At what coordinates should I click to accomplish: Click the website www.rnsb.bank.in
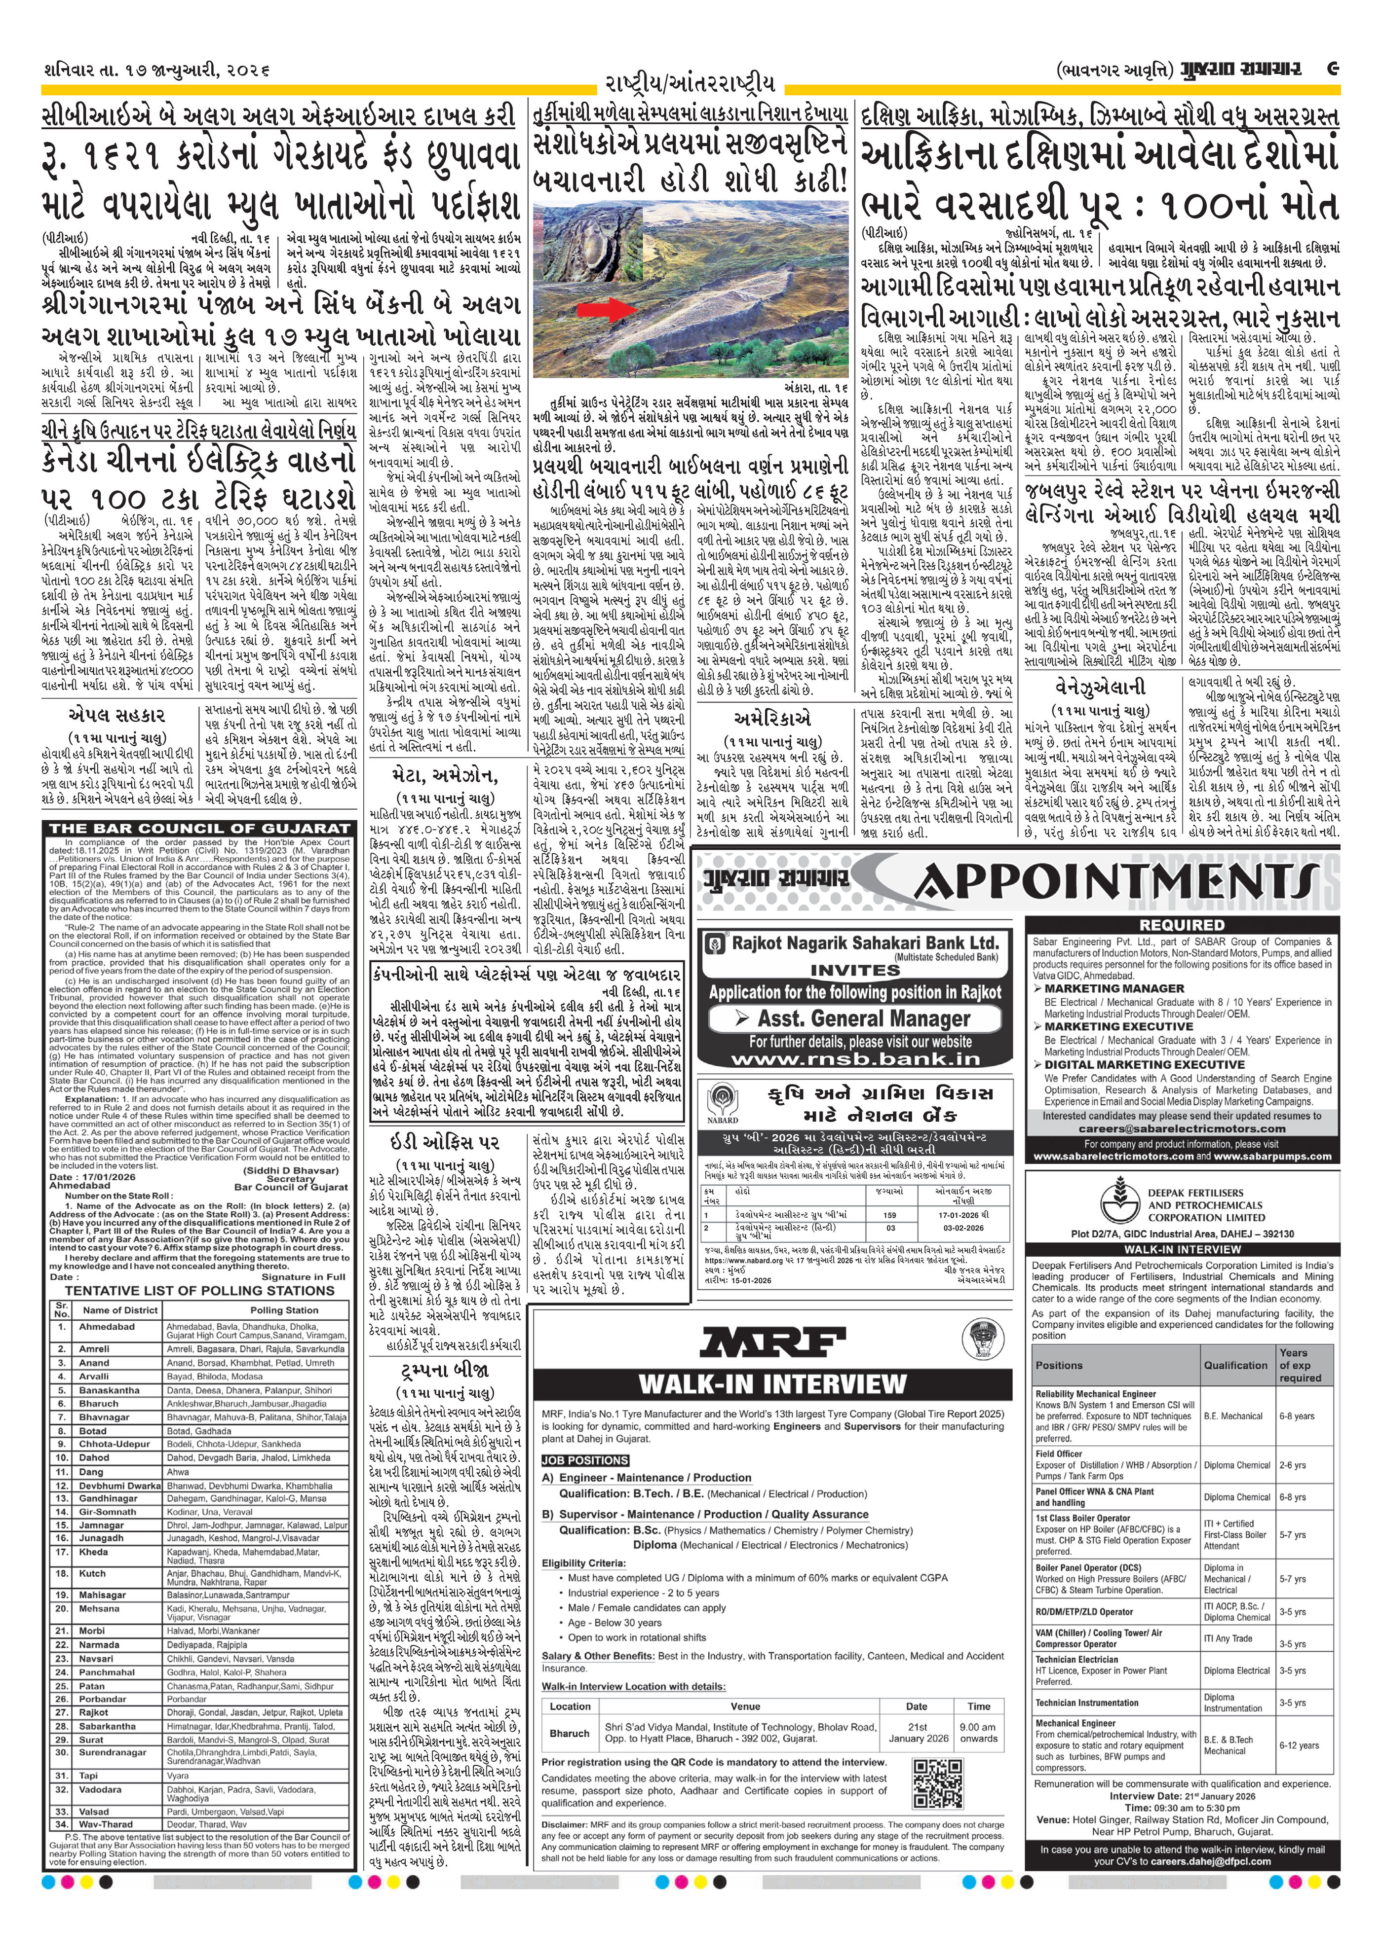(855, 1059)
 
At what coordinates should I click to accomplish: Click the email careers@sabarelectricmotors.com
(1182, 1128)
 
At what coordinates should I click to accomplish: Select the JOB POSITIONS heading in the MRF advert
(585, 1460)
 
